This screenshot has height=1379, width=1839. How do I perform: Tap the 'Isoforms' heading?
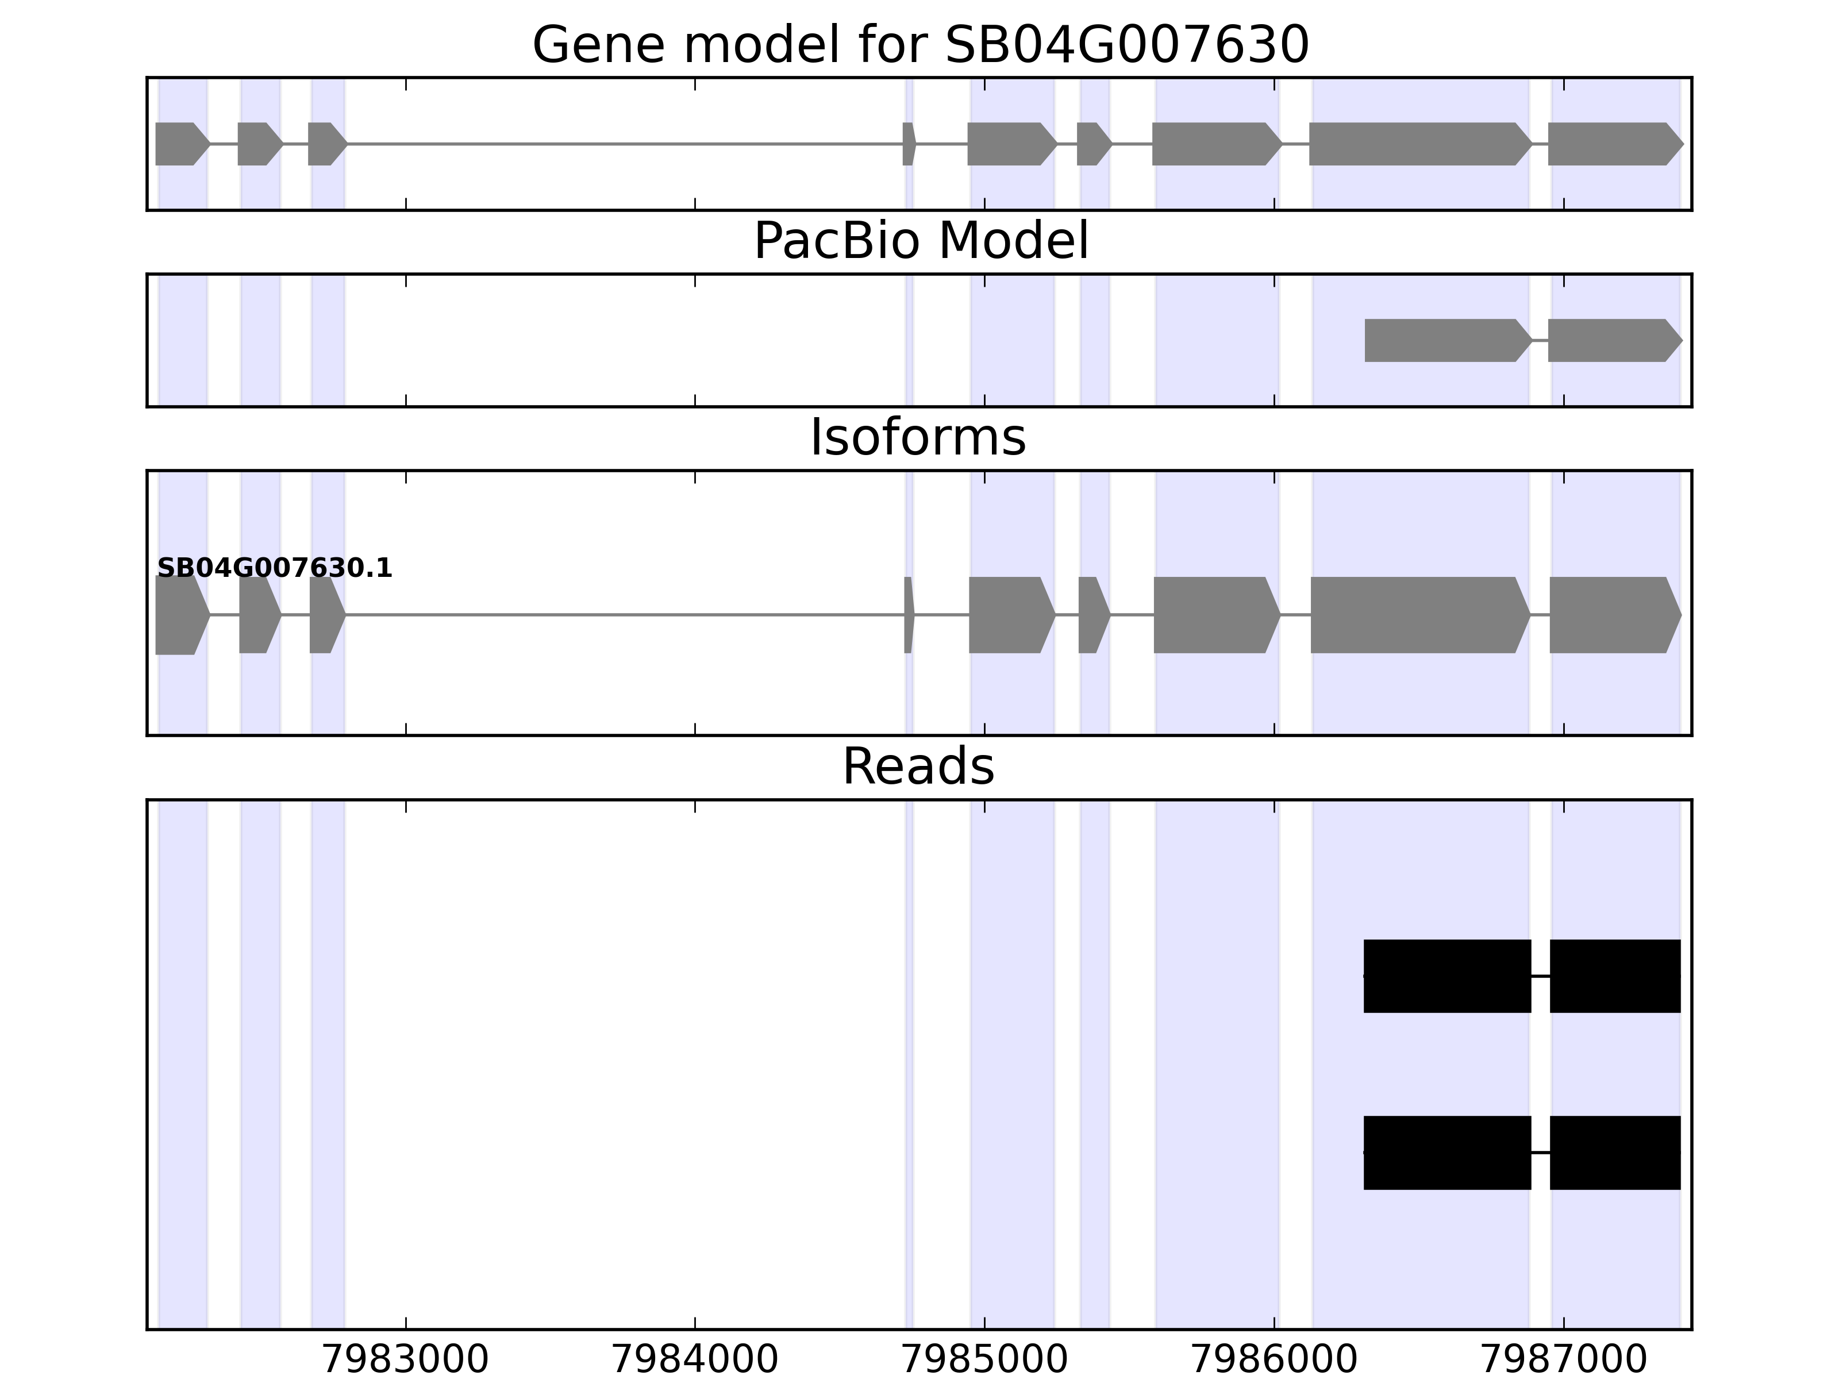pos(918,438)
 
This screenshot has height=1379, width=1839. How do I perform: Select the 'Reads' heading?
pos(918,766)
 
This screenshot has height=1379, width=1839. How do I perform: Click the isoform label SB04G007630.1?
pos(274,569)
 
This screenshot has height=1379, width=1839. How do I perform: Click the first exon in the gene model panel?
pos(179,144)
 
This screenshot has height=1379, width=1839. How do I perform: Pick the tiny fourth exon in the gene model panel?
pos(909,144)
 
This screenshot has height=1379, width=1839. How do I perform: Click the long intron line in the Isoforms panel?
pos(624,615)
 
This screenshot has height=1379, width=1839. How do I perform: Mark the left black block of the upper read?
pos(1446,976)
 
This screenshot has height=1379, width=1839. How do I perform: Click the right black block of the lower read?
pos(1614,1152)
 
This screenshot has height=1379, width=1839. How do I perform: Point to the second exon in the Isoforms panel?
pos(257,615)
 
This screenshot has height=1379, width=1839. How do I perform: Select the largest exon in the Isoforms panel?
pos(1418,615)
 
